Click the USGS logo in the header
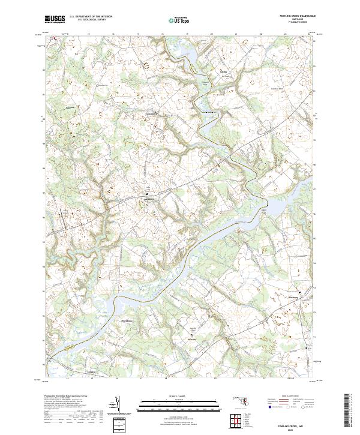[55, 19]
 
